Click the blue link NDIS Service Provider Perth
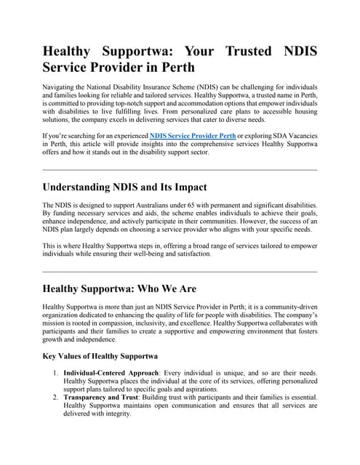pyautogui.click(x=192, y=136)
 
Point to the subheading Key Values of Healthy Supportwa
pyautogui.click(x=100, y=357)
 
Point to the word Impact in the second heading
pyautogui.click(x=186, y=187)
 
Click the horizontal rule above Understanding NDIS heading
pyautogui.click(x=180, y=169)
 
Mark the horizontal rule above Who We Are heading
pyautogui.click(x=180, y=271)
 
